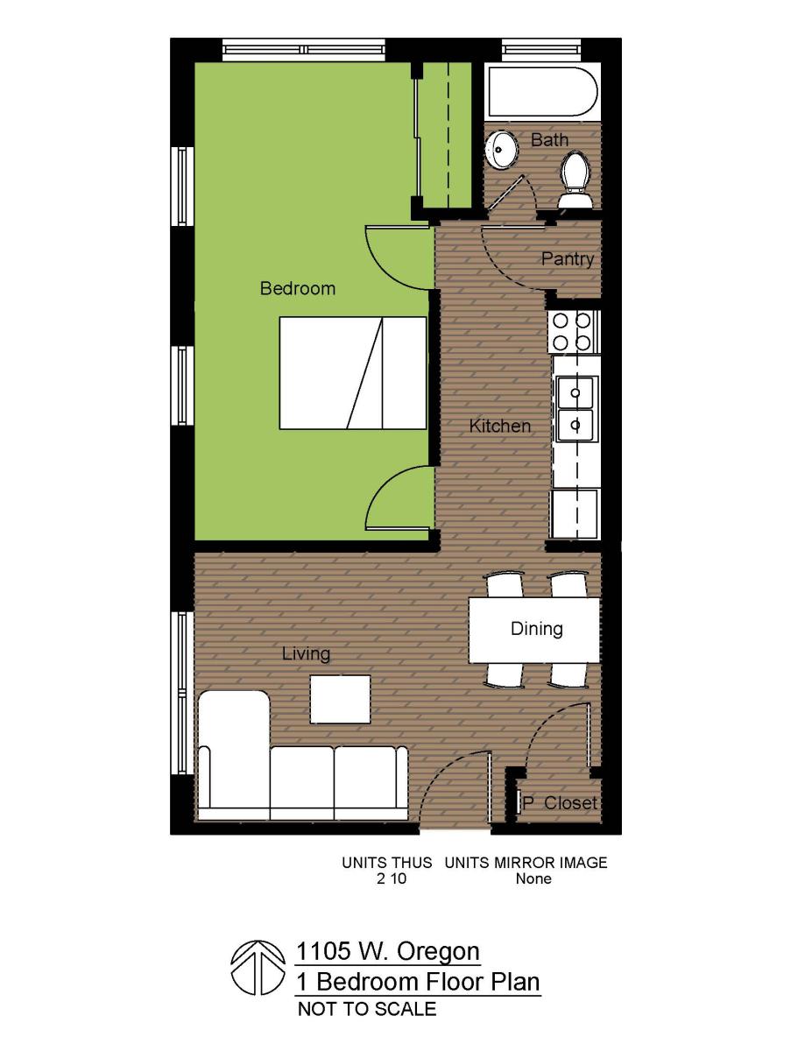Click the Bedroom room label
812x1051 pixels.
(297, 288)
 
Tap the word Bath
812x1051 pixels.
(549, 140)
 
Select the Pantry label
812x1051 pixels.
(567, 259)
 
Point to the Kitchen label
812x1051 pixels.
(499, 427)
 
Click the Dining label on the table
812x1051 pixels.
(536, 629)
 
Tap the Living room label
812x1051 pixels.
(306, 654)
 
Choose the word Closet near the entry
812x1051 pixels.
(570, 803)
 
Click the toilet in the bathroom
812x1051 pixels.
(575, 180)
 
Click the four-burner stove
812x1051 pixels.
(572, 331)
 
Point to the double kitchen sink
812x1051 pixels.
(575, 407)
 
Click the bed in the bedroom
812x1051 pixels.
(352, 373)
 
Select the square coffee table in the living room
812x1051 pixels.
(340, 699)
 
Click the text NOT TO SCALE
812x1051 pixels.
(366, 1009)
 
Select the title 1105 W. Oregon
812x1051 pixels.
(387, 951)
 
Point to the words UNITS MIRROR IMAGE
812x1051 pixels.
(526, 863)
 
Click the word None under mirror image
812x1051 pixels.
(533, 878)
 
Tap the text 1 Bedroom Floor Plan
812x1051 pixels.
(417, 981)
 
